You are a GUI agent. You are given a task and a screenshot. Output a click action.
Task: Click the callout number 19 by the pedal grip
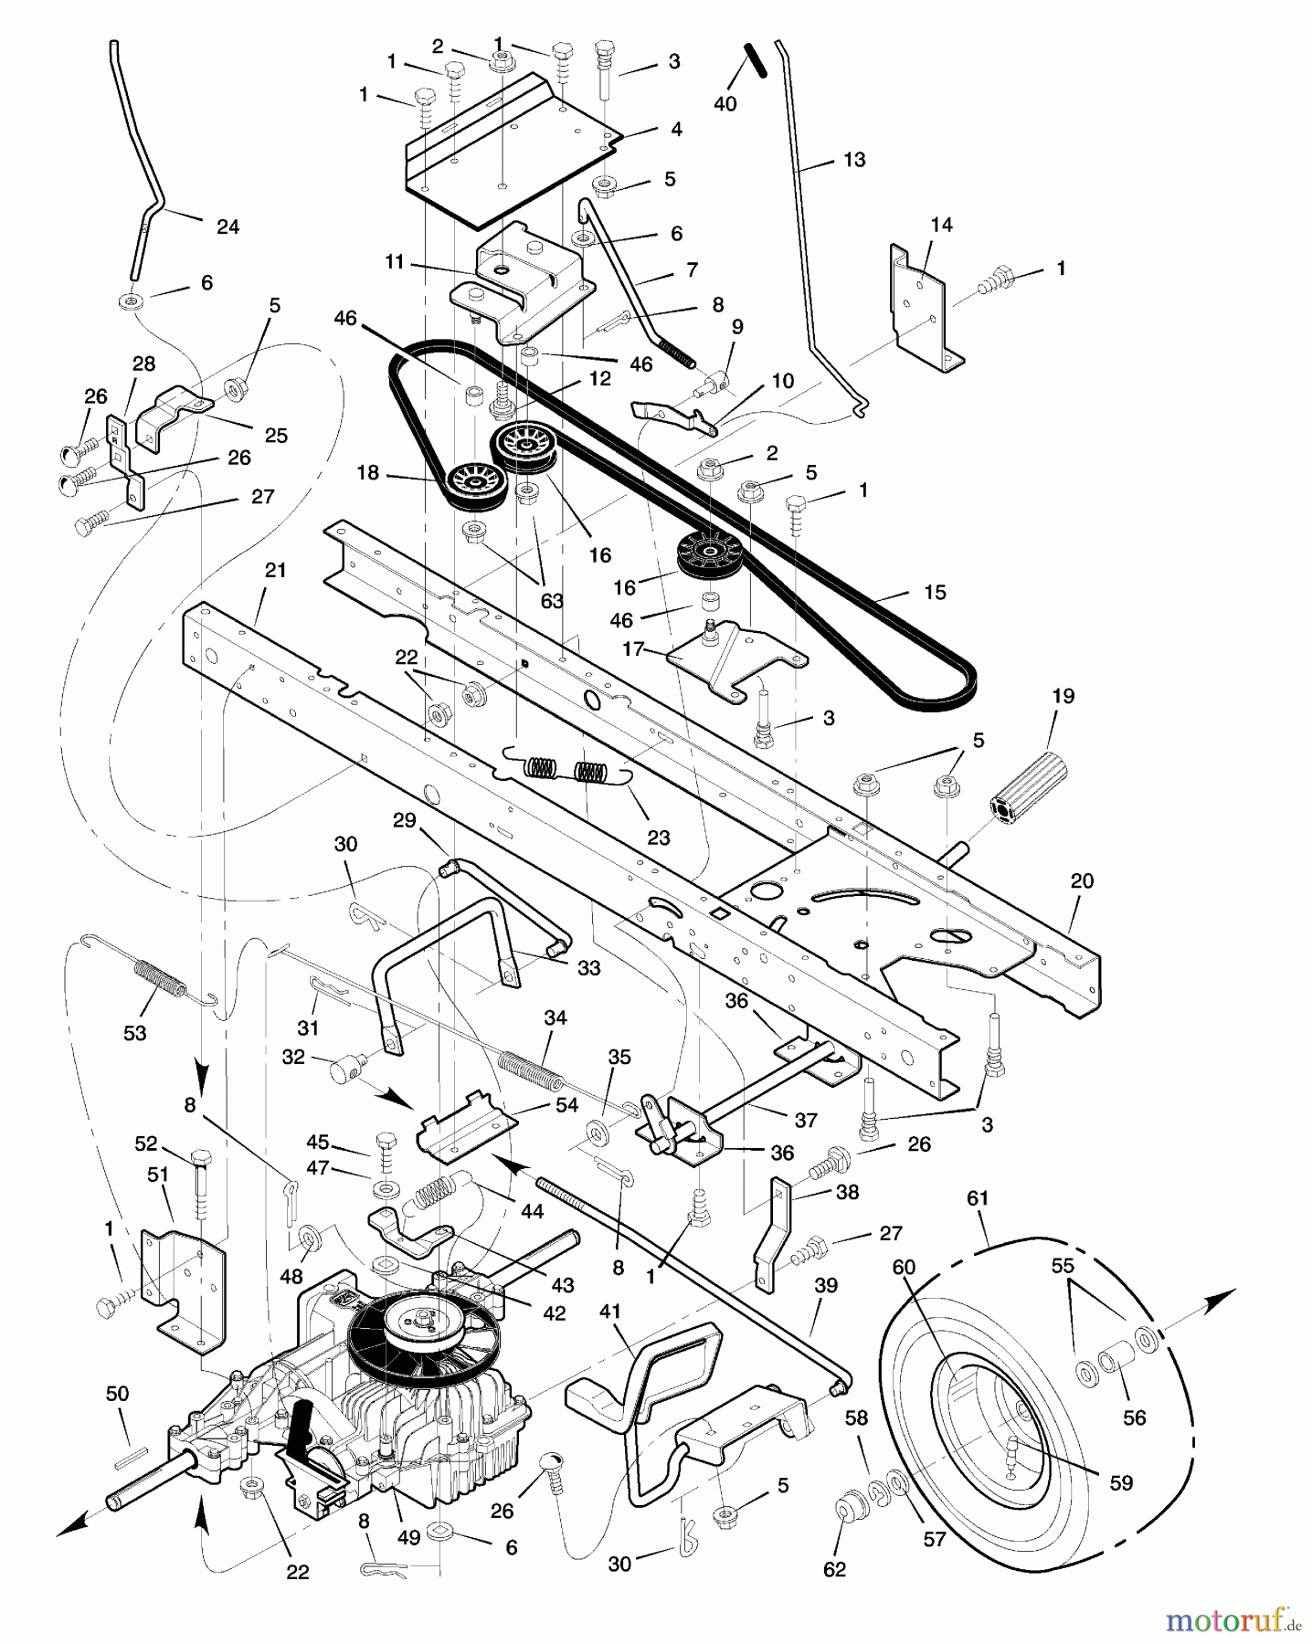(1063, 696)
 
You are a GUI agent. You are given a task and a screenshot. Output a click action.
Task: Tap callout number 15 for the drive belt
(935, 593)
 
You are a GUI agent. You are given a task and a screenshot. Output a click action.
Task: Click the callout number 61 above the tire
(978, 1197)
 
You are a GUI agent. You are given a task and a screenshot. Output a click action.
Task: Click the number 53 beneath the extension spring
(134, 1033)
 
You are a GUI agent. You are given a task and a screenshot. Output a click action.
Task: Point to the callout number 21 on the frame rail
(275, 571)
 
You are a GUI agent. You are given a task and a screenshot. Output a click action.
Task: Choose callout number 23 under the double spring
(658, 838)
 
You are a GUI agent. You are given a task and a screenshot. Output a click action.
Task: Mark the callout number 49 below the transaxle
(408, 1538)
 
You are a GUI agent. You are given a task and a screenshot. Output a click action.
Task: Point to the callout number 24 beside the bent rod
(227, 227)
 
